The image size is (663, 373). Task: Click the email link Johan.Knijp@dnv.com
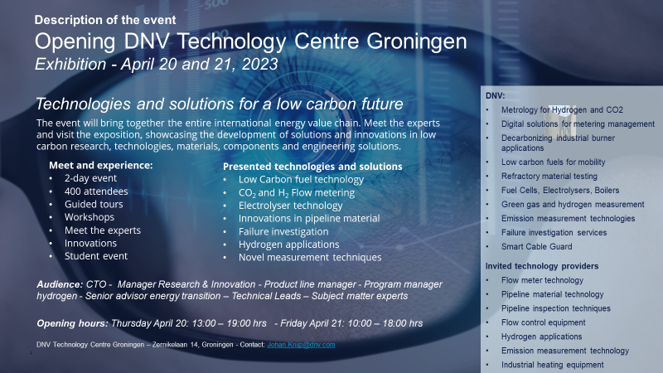[x=301, y=345]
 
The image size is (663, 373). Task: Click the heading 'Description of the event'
[x=105, y=20]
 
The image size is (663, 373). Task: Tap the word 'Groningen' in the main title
[x=417, y=41]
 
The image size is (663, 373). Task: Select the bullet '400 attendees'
[x=96, y=191]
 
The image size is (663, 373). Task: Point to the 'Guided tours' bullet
[x=94, y=204]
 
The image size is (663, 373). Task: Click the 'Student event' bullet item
[x=96, y=256]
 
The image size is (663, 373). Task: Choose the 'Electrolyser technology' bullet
[x=291, y=206]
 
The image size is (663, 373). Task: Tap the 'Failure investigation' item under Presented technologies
[x=283, y=232]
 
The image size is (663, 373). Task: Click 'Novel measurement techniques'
[x=310, y=257]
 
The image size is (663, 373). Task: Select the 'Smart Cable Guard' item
[x=536, y=246]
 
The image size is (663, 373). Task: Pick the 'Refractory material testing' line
[x=549, y=177]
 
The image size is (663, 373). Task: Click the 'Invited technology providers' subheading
[x=542, y=266]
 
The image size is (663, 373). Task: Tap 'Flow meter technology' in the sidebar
[x=542, y=280]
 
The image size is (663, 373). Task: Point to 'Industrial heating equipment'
[x=552, y=365]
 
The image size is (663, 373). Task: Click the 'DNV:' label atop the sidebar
[x=495, y=96]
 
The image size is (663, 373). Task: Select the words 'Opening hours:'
[x=72, y=323]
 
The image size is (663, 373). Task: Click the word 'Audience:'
[x=60, y=284]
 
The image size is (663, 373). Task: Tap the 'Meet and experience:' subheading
[x=100, y=165]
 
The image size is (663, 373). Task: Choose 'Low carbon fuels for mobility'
[x=553, y=162]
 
